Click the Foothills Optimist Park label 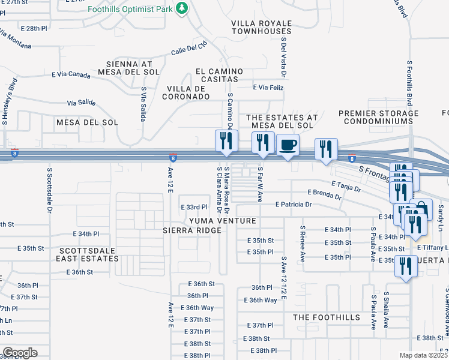pos(130,9)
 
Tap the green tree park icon pos(182,8)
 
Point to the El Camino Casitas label pos(217,75)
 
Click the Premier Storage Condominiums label pos(378,117)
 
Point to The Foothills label pos(327,317)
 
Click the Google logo pos(20,353)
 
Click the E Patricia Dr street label pos(294,205)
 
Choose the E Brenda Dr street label pos(324,194)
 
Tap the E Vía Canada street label pos(71,75)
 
